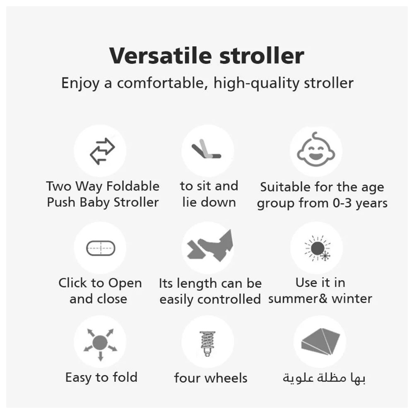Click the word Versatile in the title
click(161, 56)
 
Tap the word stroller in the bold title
click(262, 56)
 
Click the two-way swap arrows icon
click(102, 151)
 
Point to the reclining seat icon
click(206, 149)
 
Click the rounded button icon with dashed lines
click(101, 248)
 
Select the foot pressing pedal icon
click(210, 246)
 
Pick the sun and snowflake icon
click(318, 248)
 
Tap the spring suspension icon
click(207, 344)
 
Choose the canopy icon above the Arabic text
click(320, 342)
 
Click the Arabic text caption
click(324, 378)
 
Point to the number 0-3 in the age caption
click(342, 203)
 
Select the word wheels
click(226, 378)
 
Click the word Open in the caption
click(125, 283)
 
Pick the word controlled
click(229, 299)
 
